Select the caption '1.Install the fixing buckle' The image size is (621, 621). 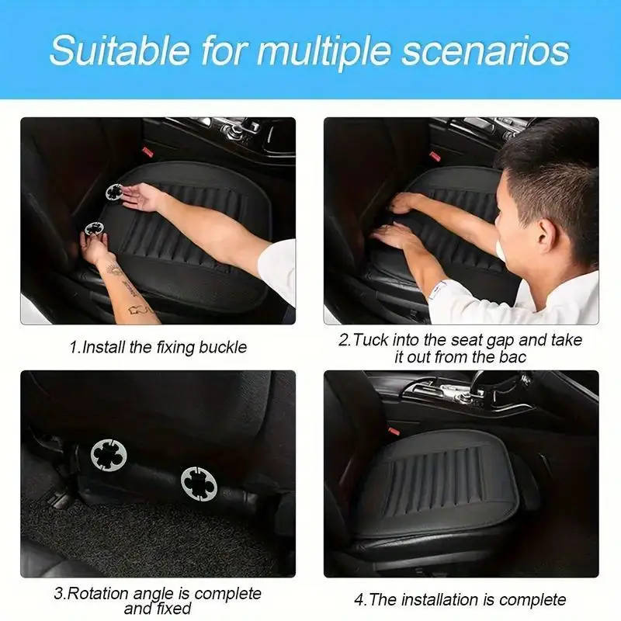(x=158, y=347)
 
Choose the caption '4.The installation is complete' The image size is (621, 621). (x=460, y=599)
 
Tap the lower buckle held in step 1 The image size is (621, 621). (x=95, y=229)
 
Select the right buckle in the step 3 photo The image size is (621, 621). (x=199, y=483)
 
